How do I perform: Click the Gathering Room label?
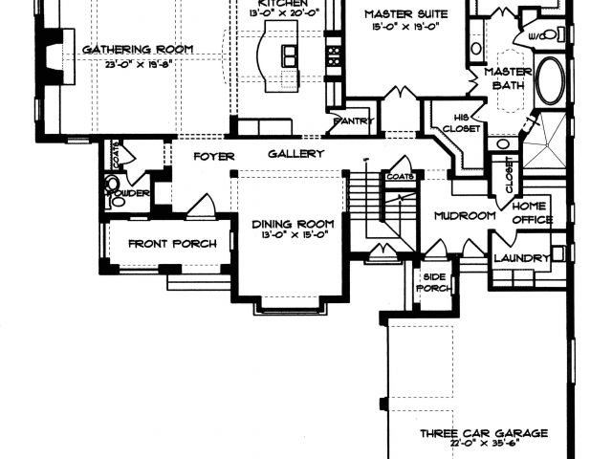[x=138, y=50]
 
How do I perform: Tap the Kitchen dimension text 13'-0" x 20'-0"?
[x=283, y=11]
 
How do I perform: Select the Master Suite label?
[x=401, y=15]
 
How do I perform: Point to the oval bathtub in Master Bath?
[x=551, y=81]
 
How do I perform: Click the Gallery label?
[x=295, y=154]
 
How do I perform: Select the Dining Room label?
[x=293, y=225]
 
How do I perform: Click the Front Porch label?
[x=172, y=244]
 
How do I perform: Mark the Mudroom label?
[x=464, y=215]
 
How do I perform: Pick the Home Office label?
[x=533, y=212]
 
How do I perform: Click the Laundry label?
[x=521, y=258]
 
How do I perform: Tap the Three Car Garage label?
[x=485, y=433]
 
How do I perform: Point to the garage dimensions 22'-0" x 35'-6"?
[x=485, y=446]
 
